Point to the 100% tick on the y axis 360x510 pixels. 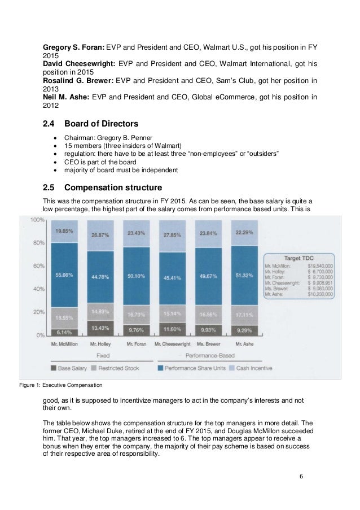click(x=37, y=220)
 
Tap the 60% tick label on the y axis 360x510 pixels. click(x=38, y=265)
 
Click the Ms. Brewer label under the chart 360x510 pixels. click(x=211, y=343)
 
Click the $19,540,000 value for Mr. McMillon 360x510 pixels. click(x=320, y=265)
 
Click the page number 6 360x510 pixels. click(x=301, y=476)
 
